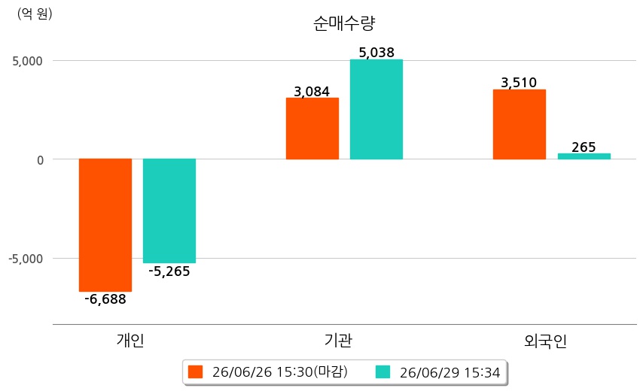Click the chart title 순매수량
tap(344, 23)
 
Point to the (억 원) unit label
tap(35, 14)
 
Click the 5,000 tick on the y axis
tap(27, 61)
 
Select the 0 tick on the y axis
tap(40, 160)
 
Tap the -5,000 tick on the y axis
tap(26, 259)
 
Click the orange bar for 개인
tap(105, 225)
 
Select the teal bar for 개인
tap(169, 211)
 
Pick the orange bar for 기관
tap(312, 129)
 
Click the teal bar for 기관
tap(376, 109)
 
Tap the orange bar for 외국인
tap(520, 125)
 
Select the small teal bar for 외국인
tap(584, 156)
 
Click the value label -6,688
tap(105, 299)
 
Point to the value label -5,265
tap(169, 271)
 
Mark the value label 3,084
tap(312, 91)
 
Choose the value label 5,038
tap(376, 53)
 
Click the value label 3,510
tap(519, 83)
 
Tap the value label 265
tap(584, 147)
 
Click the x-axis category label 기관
tap(338, 341)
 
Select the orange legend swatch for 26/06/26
tap(195, 371)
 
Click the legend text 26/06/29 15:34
tap(449, 372)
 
